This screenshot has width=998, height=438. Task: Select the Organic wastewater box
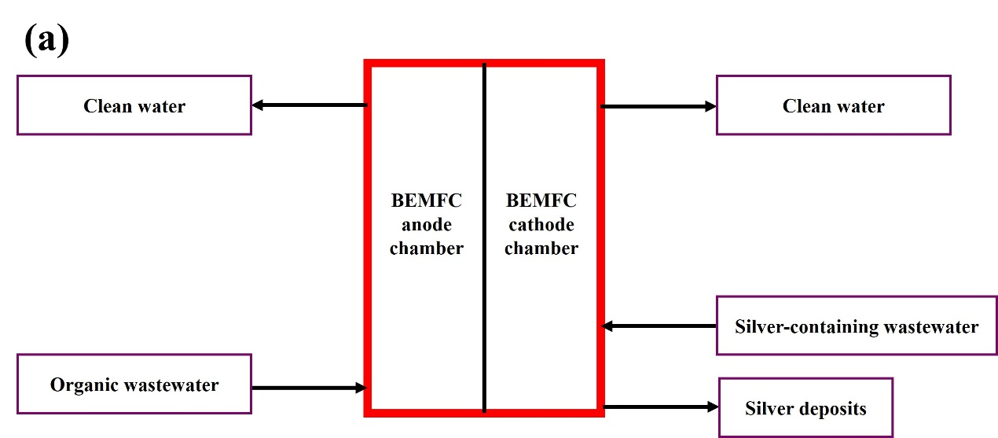[x=134, y=384]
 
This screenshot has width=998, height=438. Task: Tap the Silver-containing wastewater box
[x=857, y=326]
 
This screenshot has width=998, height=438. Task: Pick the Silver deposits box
[x=805, y=408]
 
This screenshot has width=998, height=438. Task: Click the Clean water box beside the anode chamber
[x=134, y=105]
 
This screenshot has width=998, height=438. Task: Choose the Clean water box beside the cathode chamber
[x=833, y=105]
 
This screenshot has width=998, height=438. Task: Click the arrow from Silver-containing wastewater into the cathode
[x=659, y=326]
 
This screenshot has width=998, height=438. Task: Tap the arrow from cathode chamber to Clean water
[x=659, y=105]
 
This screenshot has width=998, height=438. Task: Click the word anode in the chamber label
[x=427, y=224]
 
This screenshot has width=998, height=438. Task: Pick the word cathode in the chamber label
[x=541, y=224]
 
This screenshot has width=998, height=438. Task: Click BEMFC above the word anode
[x=427, y=200]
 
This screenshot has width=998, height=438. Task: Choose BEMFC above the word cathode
[x=541, y=200]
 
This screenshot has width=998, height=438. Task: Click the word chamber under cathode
[x=541, y=248]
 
